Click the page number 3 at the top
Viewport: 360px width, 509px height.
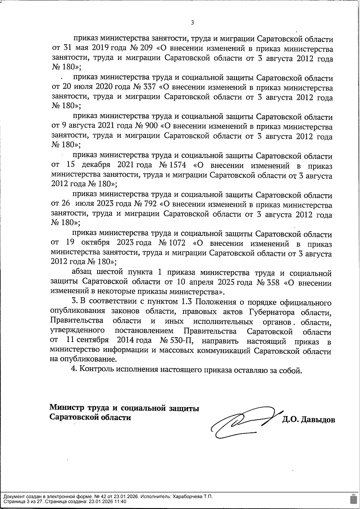192,22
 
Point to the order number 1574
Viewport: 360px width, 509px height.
178,165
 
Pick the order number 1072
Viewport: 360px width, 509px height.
177,243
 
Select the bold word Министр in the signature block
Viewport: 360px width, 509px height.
67,408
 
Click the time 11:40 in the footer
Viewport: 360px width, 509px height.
120,502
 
